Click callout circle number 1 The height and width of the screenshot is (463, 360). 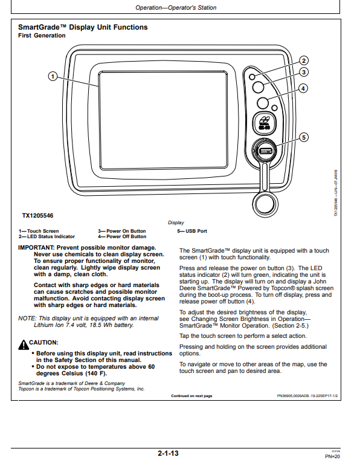53,77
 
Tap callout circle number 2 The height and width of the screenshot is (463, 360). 304,61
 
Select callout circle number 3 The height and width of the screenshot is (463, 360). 304,72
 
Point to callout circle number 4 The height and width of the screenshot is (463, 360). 303,88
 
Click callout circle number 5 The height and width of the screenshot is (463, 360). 304,137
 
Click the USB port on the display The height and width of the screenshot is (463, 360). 265,151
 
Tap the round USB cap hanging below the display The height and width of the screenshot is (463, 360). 265,204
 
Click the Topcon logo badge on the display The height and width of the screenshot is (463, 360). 265,122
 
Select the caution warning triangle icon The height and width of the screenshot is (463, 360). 23,345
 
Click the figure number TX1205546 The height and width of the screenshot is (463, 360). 38,216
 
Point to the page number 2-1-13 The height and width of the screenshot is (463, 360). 168,453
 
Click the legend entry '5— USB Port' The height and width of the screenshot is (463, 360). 192,231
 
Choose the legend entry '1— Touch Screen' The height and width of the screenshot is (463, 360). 39,231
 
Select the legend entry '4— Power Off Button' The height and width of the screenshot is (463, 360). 122,236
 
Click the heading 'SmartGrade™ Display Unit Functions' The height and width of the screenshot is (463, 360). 83,27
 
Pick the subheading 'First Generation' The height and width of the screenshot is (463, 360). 42,36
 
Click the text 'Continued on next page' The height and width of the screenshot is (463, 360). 191,396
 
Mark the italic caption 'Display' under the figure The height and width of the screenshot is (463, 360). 176,222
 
